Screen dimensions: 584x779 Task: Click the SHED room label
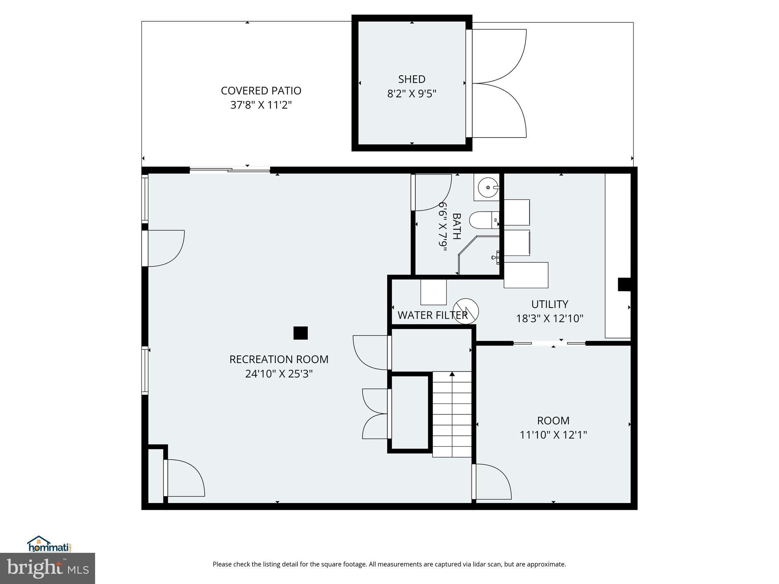coord(412,79)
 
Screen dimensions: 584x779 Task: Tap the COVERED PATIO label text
coord(261,90)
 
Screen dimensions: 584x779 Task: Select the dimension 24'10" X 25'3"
coord(279,374)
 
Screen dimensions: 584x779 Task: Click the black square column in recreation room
coord(300,333)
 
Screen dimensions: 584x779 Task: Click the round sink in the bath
coord(487,187)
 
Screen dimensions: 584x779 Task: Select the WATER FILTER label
coord(432,315)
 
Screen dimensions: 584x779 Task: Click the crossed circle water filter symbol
coord(466,311)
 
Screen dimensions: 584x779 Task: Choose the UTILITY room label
coord(550,304)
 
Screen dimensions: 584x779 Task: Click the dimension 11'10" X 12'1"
coord(553,435)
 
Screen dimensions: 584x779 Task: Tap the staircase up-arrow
coord(452,375)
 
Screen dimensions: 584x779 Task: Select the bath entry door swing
coord(432,192)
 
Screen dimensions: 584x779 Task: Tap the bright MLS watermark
coord(48,568)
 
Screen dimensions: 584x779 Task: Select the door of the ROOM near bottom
coord(493,482)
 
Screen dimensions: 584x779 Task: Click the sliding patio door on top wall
coord(230,170)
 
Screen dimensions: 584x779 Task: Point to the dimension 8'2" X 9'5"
coord(412,94)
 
